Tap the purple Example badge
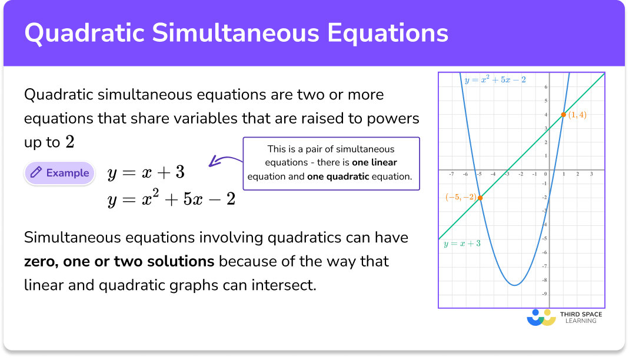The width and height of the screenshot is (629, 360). pos(59,173)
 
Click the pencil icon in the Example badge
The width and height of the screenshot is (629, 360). pos(36,173)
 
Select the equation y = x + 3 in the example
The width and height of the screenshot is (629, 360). pos(146,173)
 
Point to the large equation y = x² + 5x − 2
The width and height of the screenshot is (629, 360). pos(171,199)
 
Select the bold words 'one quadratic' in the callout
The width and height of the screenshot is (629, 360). pos(338,176)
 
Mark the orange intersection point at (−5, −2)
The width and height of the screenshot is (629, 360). pos(480,198)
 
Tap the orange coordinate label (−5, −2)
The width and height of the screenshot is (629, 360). pos(461,198)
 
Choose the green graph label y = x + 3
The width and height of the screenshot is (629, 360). pos(461,243)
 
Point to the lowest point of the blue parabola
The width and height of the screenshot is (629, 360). pos(515,285)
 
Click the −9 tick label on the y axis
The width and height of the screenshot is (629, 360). pos(545,294)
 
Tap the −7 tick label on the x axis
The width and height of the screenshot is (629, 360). pos(451,174)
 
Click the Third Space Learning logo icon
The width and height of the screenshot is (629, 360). pos(541,317)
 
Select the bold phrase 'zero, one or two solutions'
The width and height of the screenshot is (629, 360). pos(119,261)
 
